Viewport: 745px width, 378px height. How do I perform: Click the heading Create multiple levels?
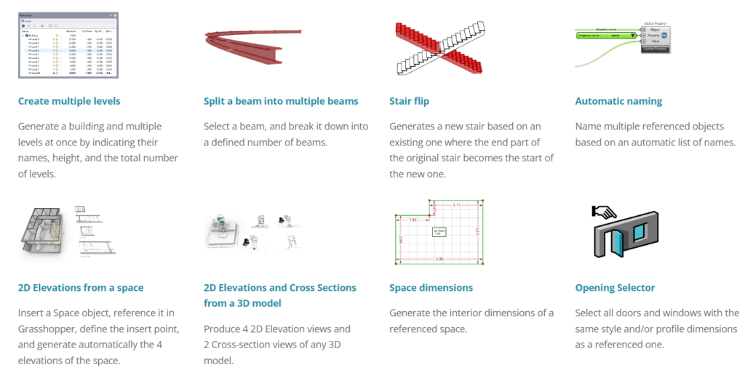point(69,101)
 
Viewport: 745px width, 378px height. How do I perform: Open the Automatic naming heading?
point(618,101)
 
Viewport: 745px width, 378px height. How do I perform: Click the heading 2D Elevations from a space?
point(80,288)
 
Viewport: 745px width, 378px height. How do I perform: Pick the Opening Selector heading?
point(615,288)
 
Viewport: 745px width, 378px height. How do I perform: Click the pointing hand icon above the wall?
point(605,212)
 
